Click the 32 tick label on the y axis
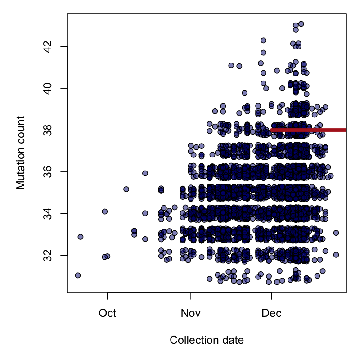click(47, 255)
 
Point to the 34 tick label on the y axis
click(47, 213)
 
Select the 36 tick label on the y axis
click(47, 171)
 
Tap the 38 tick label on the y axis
click(47, 130)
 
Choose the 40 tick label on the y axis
click(47, 88)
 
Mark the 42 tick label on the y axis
click(47, 46)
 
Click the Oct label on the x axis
click(108, 313)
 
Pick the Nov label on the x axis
click(191, 313)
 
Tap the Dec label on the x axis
click(271, 313)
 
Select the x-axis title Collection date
click(207, 341)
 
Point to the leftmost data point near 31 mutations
click(78, 275)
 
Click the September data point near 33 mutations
click(81, 237)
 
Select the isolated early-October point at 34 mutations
click(105, 211)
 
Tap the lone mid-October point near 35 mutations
click(126, 189)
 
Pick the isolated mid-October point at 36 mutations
click(145, 173)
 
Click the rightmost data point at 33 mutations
click(336, 233)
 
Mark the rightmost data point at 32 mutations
click(336, 255)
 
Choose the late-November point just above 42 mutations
click(263, 40)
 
